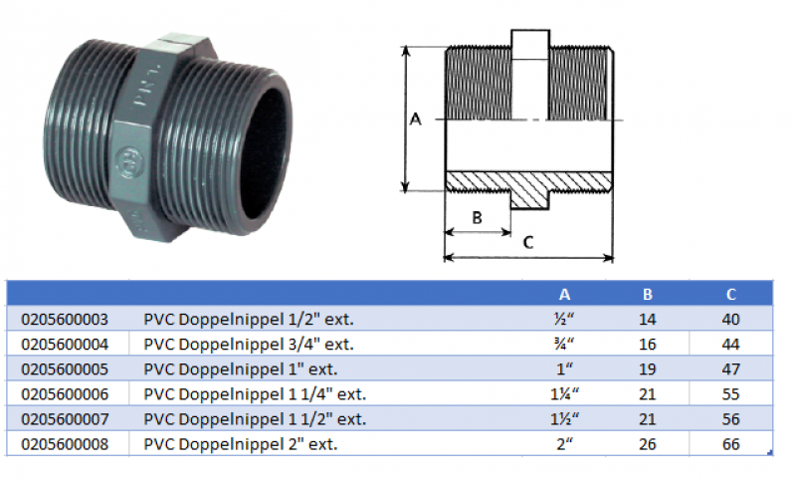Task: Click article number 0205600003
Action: point(64,320)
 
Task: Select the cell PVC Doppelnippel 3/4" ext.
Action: point(249,345)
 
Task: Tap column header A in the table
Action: point(565,294)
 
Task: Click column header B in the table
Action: point(648,294)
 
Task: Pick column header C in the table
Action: point(731,294)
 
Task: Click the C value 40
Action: point(731,320)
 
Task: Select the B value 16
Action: point(648,345)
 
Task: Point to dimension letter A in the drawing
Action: point(416,120)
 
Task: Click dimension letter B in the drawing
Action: point(477,216)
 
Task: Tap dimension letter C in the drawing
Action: point(528,242)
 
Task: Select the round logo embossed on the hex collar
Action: point(127,159)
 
